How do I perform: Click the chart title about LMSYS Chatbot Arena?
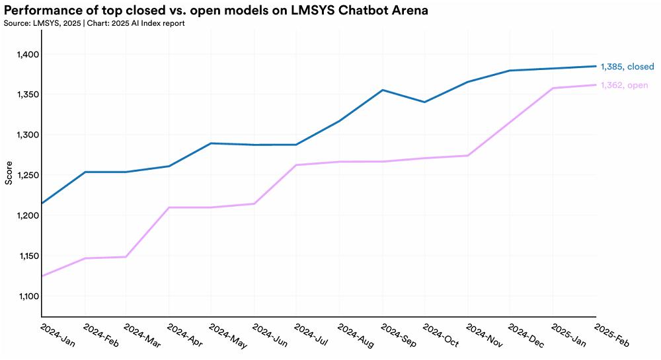(x=216, y=10)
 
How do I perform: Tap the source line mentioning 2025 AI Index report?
(x=94, y=23)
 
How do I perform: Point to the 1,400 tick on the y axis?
(x=28, y=54)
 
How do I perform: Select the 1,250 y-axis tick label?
(x=28, y=175)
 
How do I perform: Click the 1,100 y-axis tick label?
(x=28, y=297)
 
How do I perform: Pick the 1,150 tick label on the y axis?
(x=28, y=256)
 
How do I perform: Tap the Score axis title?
(x=9, y=173)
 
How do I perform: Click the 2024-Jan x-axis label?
(x=58, y=336)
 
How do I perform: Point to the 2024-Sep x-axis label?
(x=399, y=336)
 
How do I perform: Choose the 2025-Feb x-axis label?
(x=611, y=336)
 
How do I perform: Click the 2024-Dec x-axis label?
(x=526, y=336)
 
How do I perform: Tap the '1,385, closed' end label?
(x=627, y=67)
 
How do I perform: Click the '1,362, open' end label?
(x=625, y=85)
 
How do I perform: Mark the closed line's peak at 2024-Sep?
(x=382, y=90)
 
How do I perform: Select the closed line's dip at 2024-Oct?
(x=424, y=102)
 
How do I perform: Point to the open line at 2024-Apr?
(x=169, y=207)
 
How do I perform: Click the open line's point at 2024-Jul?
(x=296, y=165)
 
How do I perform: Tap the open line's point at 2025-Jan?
(x=553, y=88)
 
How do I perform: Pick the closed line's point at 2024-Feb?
(x=85, y=172)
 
